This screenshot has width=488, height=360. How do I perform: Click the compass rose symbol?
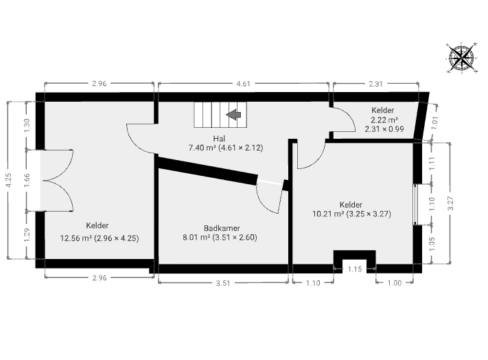pos(462,57)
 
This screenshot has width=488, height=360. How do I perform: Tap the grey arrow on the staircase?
pos(233,115)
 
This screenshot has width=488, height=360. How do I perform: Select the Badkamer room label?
pos(222,228)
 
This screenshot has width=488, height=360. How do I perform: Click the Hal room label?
pos(219,138)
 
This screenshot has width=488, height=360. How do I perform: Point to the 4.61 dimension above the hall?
pos(243,83)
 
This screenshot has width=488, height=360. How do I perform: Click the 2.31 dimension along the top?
pos(375,83)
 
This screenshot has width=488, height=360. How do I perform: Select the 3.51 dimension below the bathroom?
pos(223,283)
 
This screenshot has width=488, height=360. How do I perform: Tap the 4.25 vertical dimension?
pos(9,180)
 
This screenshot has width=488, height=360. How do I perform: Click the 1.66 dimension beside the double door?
pos(27,180)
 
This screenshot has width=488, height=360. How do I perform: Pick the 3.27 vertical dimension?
pos(451,203)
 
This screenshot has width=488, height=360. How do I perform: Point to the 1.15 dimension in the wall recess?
pos(355,269)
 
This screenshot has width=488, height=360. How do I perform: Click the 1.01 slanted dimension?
pos(435,122)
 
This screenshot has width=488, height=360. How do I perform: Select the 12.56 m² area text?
pos(76,238)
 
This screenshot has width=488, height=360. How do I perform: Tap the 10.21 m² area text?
pos(328,214)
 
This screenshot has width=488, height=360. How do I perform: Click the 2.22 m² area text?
pos(384,120)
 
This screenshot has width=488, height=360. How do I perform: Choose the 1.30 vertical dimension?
pos(27,126)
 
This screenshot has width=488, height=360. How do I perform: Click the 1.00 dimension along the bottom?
pos(395,283)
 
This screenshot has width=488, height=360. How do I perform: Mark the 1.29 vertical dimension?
pos(27,235)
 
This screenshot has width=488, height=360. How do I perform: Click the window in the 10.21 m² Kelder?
pos(415,204)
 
